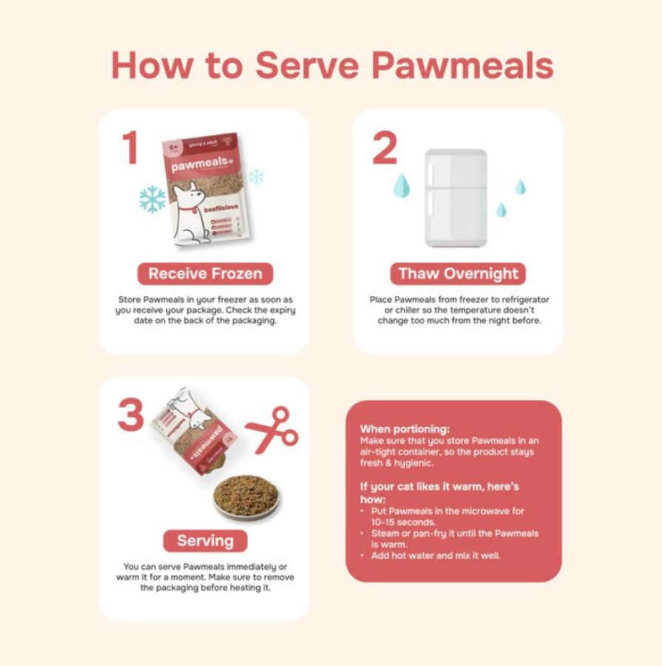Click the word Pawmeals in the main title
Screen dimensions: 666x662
(462, 66)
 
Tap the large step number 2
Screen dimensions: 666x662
(384, 147)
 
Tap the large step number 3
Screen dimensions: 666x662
(130, 414)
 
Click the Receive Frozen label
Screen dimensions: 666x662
(205, 273)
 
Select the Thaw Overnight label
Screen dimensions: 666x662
(458, 273)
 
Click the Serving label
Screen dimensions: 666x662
(205, 539)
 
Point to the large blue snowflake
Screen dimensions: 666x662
(153, 199)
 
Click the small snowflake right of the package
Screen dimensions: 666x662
(256, 176)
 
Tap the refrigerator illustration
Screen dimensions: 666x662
(455, 198)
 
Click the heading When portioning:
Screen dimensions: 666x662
(405, 428)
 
